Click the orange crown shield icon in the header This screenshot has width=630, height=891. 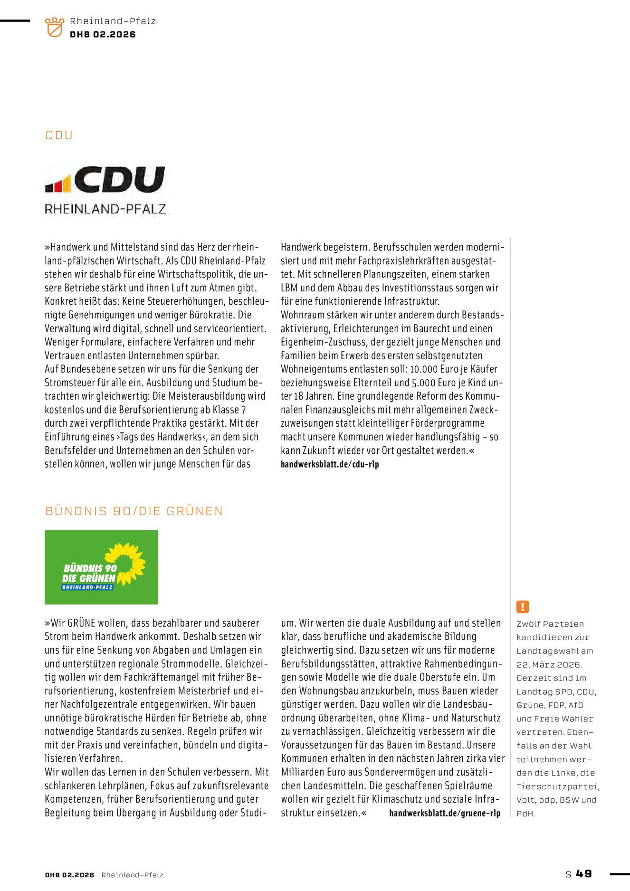pos(54,27)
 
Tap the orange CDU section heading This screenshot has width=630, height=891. pos(59,135)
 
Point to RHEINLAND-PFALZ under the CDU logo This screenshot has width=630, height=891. pos(105,209)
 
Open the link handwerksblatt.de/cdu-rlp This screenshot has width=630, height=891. pos(330,464)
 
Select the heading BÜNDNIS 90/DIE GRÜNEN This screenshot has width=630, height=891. pos(134,511)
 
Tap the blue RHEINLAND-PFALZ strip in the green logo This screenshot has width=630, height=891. pos(87,587)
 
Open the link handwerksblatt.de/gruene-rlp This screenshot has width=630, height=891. pos(445,813)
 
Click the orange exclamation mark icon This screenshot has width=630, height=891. pos(522,607)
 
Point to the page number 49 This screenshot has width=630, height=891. pos(584,873)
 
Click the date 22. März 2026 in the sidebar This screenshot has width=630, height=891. pos(549,665)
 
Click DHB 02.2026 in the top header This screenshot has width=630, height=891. pos(103,35)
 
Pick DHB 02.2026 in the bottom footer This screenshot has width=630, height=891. pos(70,875)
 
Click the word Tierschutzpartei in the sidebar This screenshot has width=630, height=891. pos(557,786)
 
